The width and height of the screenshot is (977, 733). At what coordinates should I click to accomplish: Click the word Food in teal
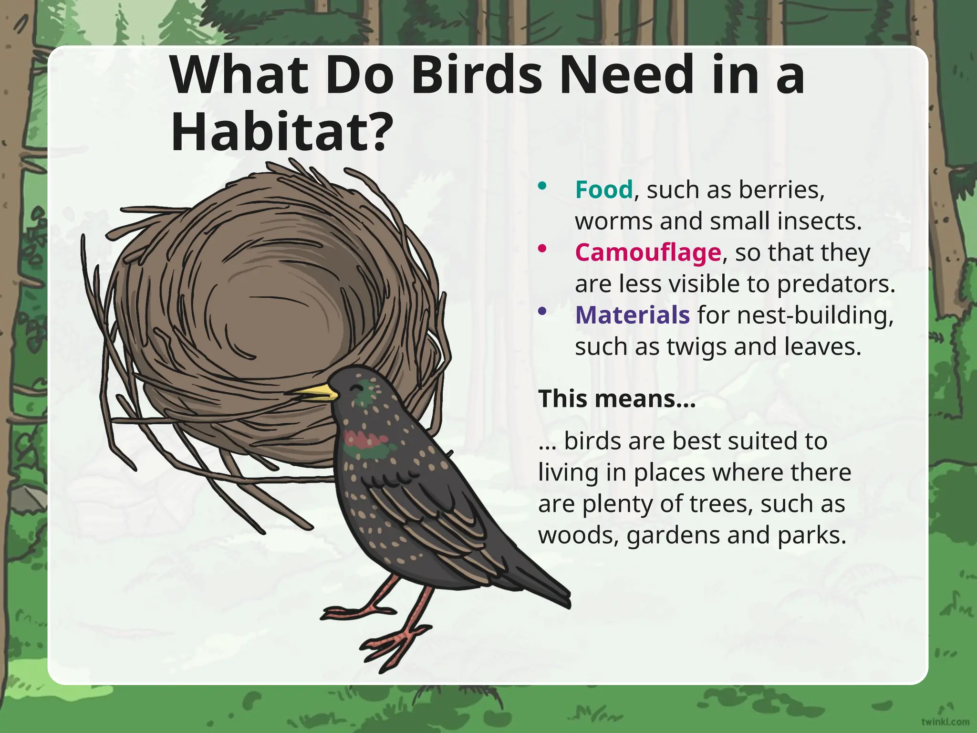pos(603,190)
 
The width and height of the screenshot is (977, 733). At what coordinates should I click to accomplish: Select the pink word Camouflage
pos(647,252)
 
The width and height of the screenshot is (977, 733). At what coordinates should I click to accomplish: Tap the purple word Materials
pos(632,315)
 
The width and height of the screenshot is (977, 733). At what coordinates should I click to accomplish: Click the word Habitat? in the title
pos(282,131)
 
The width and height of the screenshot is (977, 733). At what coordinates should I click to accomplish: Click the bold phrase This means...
pos(616,398)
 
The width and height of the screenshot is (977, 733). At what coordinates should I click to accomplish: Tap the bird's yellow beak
pos(317,393)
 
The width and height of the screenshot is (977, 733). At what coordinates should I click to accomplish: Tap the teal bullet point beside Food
pos(542,186)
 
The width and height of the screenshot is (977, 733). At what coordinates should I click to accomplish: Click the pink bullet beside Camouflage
pos(542,248)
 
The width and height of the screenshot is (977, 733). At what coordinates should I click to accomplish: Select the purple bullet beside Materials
pos(542,311)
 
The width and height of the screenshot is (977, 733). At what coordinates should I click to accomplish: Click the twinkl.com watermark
pos(945,721)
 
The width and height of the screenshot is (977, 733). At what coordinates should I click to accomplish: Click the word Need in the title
pos(625,75)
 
